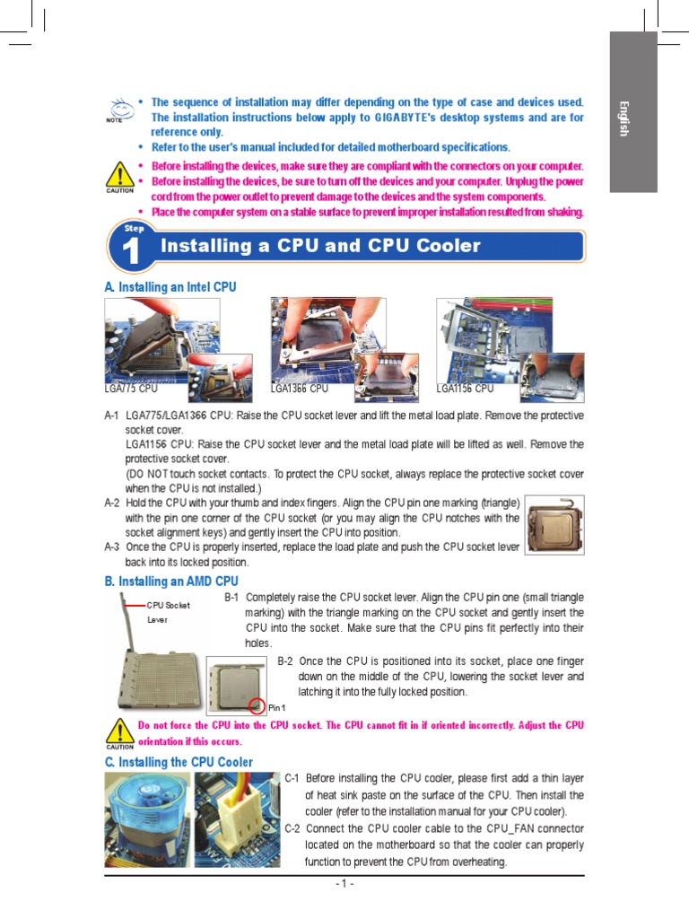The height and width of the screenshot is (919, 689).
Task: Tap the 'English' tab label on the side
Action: click(x=623, y=118)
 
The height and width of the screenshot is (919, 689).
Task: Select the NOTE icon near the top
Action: click(x=116, y=109)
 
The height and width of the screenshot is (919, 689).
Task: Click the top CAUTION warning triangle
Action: click(x=118, y=176)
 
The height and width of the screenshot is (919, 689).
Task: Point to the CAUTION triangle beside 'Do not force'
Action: click(x=118, y=731)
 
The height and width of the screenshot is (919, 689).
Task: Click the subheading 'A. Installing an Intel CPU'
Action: click(x=170, y=286)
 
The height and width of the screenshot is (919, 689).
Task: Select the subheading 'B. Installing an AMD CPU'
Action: click(x=171, y=582)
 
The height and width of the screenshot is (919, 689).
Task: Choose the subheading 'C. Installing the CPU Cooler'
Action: click(x=179, y=762)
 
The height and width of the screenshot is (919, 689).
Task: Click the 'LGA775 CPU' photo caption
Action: click(x=131, y=389)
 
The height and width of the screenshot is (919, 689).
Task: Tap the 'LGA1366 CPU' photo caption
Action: click(x=300, y=389)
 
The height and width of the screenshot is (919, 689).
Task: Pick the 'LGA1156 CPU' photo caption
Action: click(x=465, y=389)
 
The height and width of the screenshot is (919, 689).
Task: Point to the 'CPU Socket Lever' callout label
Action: click(x=168, y=612)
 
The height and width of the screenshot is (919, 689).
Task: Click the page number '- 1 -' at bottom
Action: click(x=344, y=884)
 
